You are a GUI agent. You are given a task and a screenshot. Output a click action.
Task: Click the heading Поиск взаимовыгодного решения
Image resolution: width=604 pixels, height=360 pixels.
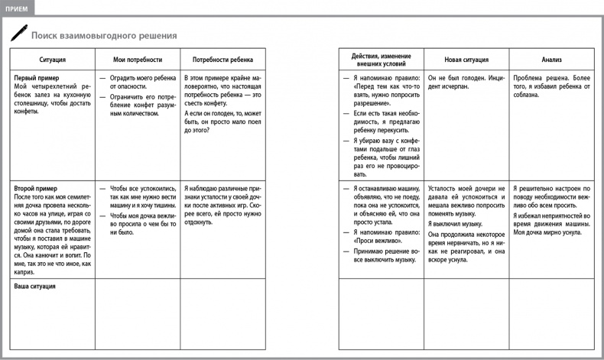[x=104, y=35]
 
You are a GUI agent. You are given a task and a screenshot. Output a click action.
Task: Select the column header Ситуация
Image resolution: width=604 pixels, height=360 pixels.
[x=52, y=59]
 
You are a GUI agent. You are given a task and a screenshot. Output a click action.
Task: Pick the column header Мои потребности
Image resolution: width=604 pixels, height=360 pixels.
[x=138, y=59]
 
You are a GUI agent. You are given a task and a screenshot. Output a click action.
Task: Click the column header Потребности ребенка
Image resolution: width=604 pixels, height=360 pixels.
[x=223, y=59]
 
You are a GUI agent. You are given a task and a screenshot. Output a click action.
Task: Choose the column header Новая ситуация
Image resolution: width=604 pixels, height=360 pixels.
[x=466, y=59]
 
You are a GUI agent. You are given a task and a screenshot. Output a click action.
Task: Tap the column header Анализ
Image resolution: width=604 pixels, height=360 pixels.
[x=552, y=59]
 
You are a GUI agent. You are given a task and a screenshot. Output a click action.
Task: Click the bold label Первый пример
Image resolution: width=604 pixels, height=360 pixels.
[x=37, y=78]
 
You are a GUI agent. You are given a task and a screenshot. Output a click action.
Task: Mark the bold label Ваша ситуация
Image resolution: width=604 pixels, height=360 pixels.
[x=36, y=286]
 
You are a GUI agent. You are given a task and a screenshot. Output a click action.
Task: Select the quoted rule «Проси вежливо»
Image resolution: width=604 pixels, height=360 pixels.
[x=373, y=240]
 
